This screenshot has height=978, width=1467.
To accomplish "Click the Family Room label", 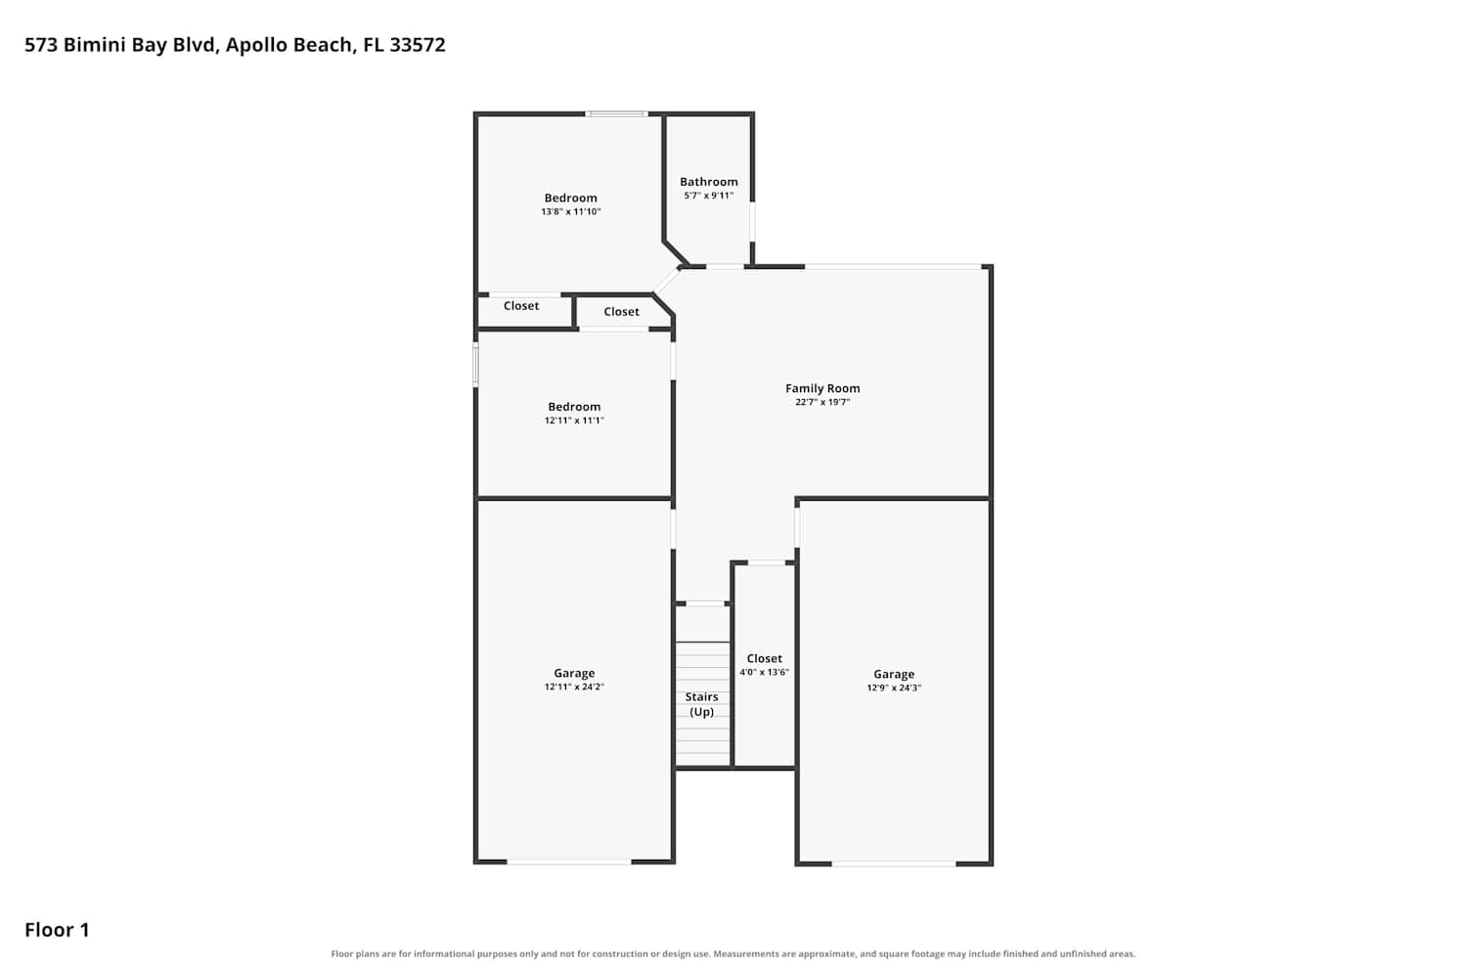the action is pyautogui.click(x=822, y=388).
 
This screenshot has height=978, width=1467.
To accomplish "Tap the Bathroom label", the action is pyautogui.click(x=709, y=182).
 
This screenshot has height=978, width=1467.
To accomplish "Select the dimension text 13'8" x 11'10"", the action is pyautogui.click(x=570, y=211).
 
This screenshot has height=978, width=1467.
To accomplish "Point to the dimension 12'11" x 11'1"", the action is pyautogui.click(x=574, y=421).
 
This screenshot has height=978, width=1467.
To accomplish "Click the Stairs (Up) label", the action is pyautogui.click(x=701, y=704).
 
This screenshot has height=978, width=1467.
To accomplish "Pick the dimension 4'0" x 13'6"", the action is pyautogui.click(x=764, y=672).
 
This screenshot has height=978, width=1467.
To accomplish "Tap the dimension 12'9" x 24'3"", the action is pyautogui.click(x=894, y=688).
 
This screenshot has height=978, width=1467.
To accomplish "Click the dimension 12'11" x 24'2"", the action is pyautogui.click(x=574, y=688).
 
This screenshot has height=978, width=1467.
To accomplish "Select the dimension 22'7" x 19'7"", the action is pyautogui.click(x=822, y=402).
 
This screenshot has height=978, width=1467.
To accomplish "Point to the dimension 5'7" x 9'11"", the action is pyautogui.click(x=709, y=196).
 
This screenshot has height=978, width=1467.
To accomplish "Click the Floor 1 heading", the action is pyautogui.click(x=57, y=929).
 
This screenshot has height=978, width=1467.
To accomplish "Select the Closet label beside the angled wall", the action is pyautogui.click(x=621, y=312).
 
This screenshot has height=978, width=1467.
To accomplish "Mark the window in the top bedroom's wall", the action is pyautogui.click(x=616, y=114).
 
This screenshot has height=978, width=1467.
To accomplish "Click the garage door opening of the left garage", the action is pyautogui.click(x=569, y=862).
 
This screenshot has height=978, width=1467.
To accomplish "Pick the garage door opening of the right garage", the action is pyautogui.click(x=894, y=864).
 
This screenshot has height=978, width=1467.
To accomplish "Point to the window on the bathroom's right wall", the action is pyautogui.click(x=752, y=221).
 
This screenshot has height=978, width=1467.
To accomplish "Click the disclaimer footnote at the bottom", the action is pyautogui.click(x=733, y=954).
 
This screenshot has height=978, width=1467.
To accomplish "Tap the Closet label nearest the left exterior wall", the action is pyautogui.click(x=521, y=306).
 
